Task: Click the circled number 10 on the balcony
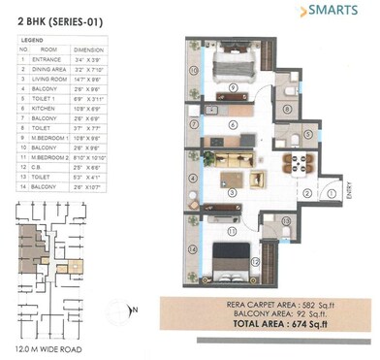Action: (192, 71)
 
